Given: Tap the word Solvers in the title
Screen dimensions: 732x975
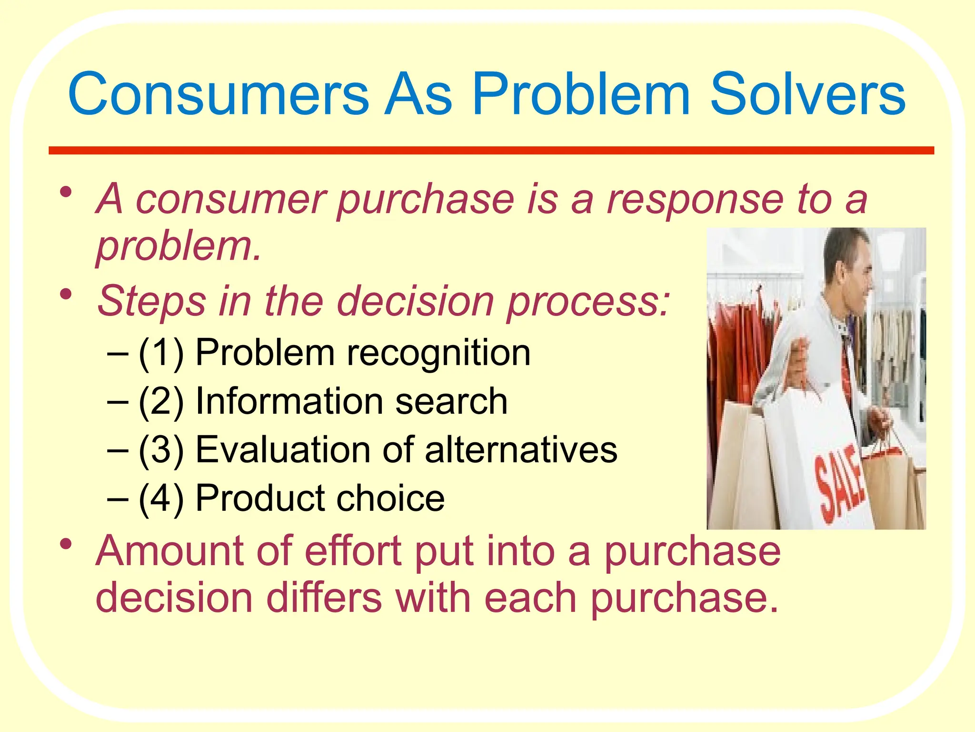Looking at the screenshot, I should [x=807, y=94].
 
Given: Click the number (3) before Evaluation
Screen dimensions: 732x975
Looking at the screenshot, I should [x=161, y=450].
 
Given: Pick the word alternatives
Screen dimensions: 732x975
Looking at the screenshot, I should [x=521, y=450].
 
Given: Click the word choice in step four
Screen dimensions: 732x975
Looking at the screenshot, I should [x=390, y=498].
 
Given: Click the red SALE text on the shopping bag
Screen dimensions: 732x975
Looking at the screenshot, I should [x=839, y=486].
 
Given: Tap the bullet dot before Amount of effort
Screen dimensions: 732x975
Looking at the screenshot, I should [x=66, y=544].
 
